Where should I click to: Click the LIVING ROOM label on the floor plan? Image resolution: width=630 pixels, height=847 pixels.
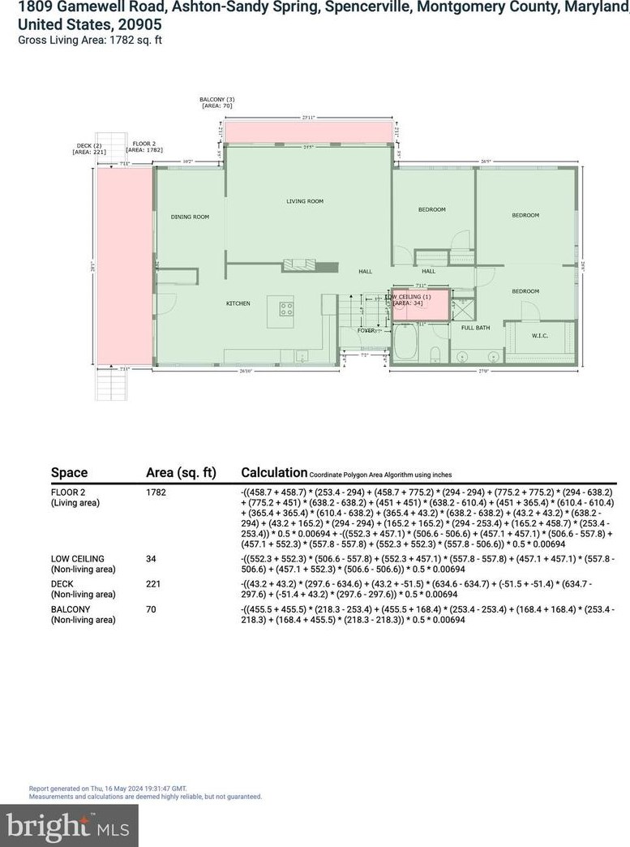tap(305, 201)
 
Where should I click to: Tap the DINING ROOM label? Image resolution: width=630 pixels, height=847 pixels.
tap(190, 217)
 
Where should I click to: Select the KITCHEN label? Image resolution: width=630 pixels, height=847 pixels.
tap(238, 303)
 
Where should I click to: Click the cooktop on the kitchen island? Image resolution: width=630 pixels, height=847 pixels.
tap(286, 308)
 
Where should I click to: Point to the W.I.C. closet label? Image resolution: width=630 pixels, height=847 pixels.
tap(542, 335)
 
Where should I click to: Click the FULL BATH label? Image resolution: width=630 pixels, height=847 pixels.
tap(475, 328)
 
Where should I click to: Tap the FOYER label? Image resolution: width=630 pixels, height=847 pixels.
tap(366, 330)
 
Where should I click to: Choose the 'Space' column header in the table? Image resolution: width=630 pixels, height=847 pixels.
tap(69, 473)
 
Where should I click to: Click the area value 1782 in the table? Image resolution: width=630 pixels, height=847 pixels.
tap(156, 492)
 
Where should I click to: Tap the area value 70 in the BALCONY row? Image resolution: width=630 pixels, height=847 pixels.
tap(151, 608)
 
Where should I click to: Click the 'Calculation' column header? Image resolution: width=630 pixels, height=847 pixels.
tap(273, 473)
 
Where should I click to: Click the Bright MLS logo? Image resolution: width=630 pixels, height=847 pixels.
tap(68, 825)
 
